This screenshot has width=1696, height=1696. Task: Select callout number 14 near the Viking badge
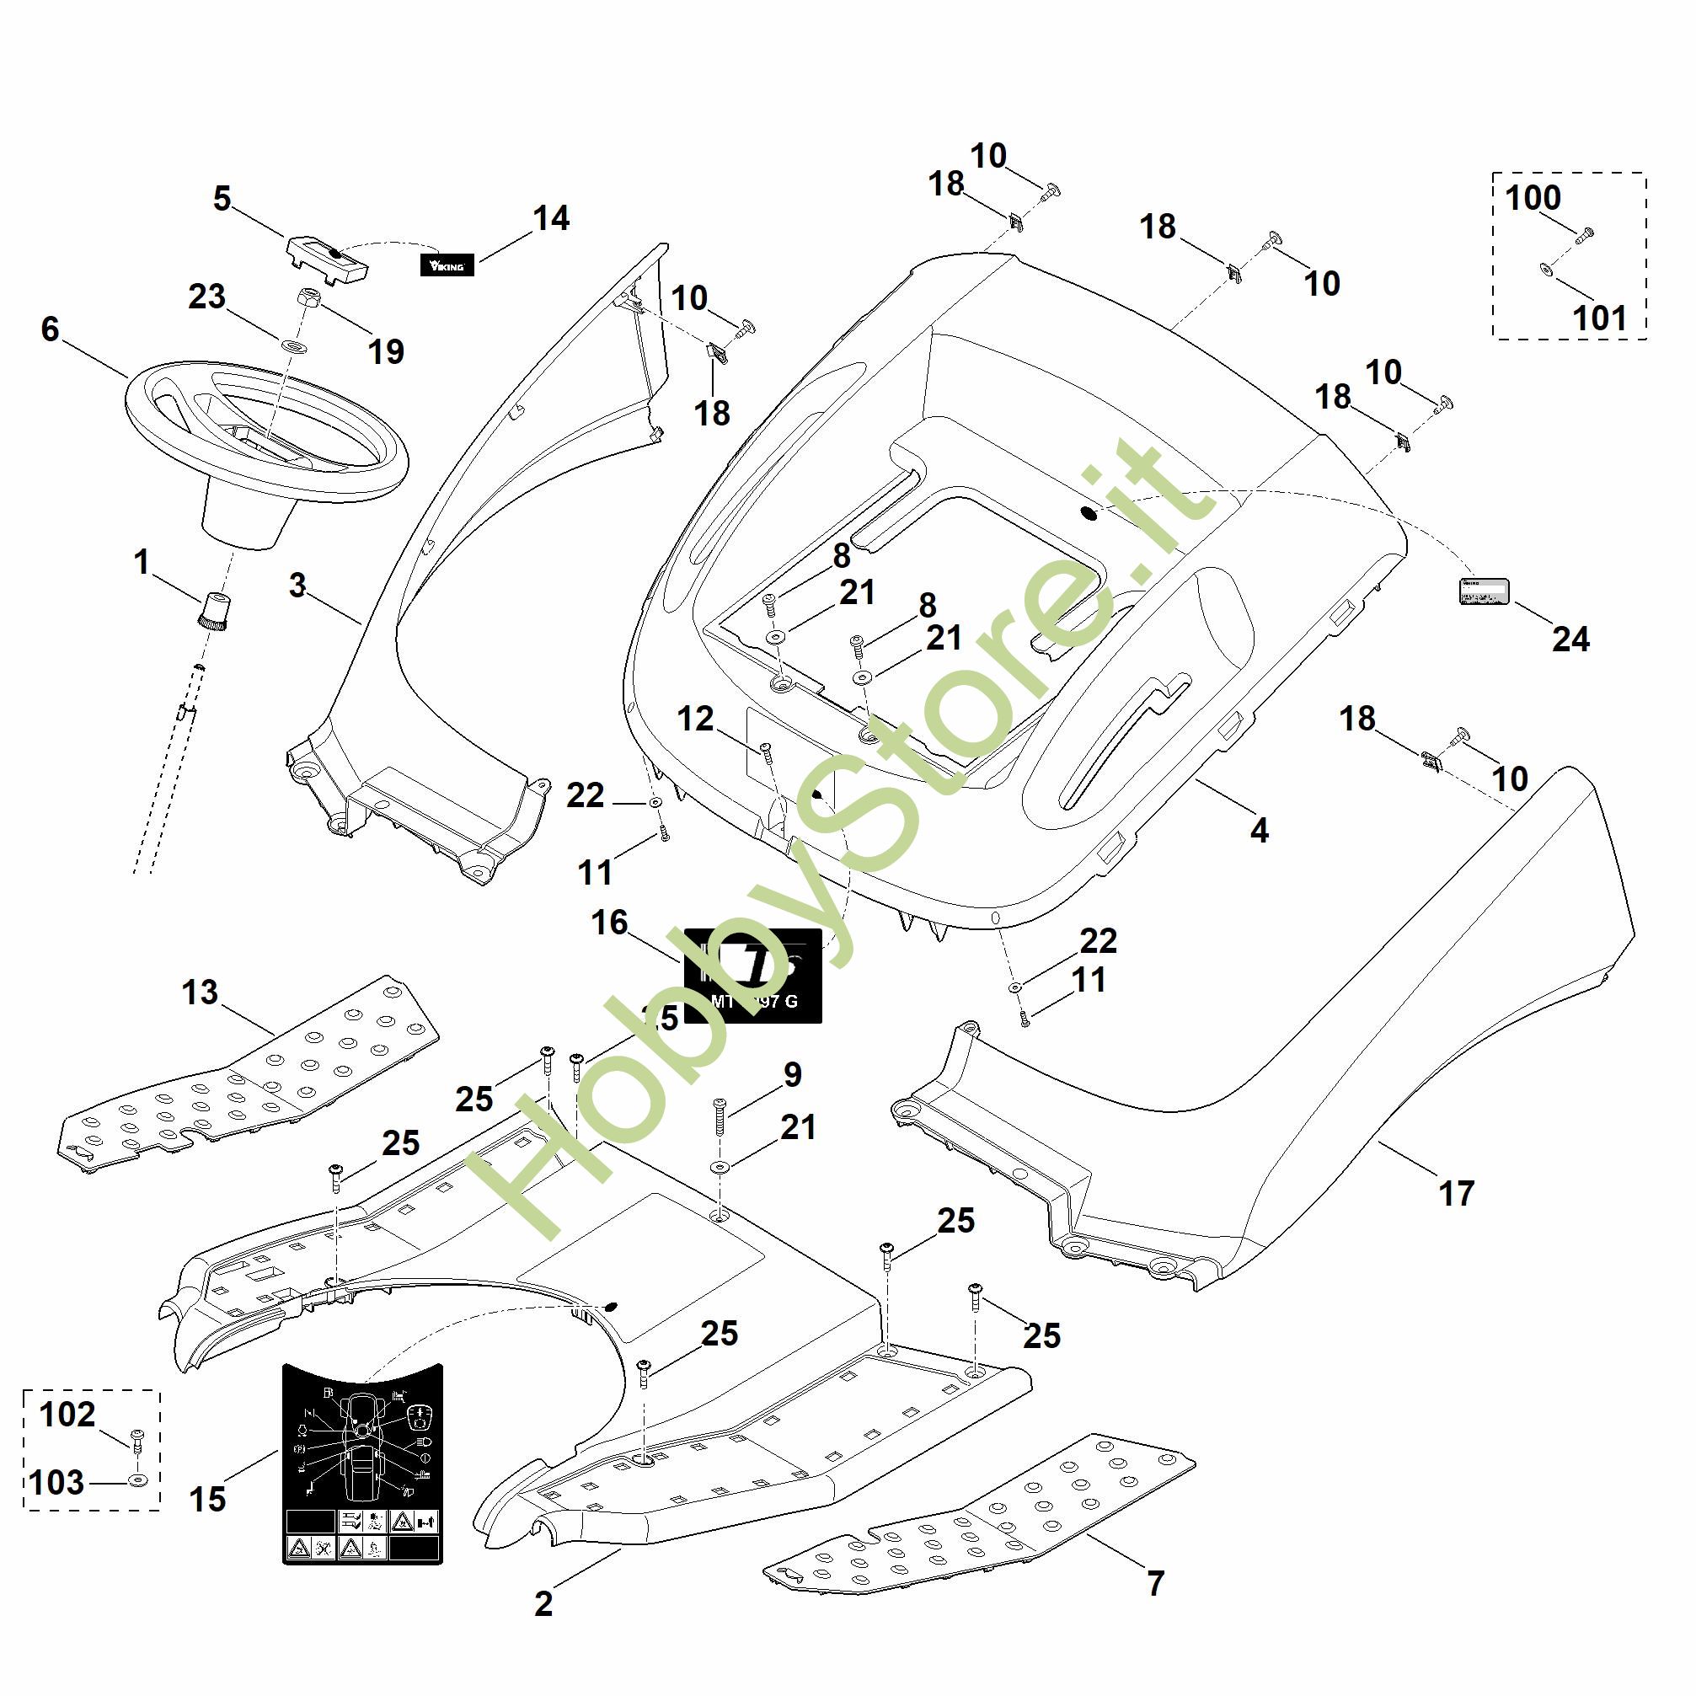(x=551, y=217)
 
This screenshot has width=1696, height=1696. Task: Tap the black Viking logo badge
(x=447, y=265)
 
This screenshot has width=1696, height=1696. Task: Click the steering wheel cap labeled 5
(x=327, y=258)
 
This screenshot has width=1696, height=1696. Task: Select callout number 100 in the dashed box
(x=1533, y=198)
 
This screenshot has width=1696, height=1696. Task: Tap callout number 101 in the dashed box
(x=1599, y=318)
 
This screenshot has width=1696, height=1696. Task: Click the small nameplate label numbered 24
(x=1484, y=590)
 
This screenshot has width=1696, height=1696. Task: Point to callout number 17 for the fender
(x=1457, y=1193)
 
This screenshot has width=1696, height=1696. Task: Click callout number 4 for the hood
(x=1259, y=830)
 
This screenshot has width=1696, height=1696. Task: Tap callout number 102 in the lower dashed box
(x=67, y=1415)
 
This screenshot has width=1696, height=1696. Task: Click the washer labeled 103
(x=138, y=1481)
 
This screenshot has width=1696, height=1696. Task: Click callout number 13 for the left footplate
(x=200, y=992)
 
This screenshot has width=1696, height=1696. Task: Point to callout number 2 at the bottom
(x=543, y=1604)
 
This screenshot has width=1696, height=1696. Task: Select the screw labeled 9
(x=719, y=1116)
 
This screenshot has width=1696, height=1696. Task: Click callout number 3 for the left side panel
(x=297, y=586)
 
